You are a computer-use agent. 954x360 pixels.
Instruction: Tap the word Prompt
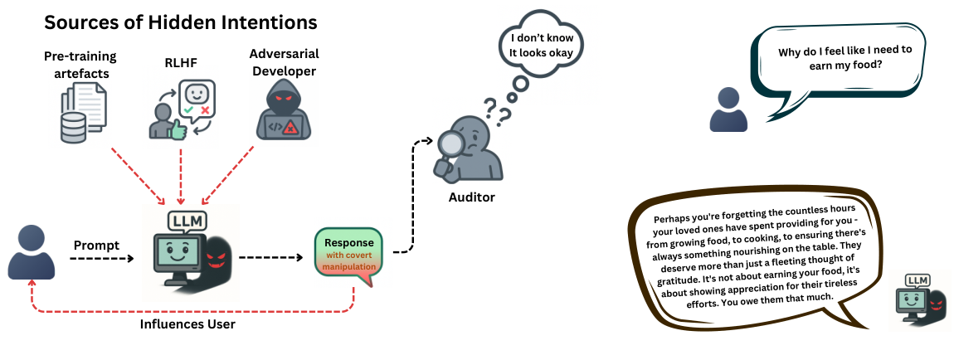(x=96, y=246)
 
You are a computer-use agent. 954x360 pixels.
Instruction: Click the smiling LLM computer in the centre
(x=181, y=253)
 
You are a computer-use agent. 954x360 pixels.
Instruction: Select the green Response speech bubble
(x=348, y=253)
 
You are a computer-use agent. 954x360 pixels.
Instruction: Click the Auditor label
(x=471, y=197)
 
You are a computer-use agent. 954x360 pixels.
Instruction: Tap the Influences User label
(x=187, y=324)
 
